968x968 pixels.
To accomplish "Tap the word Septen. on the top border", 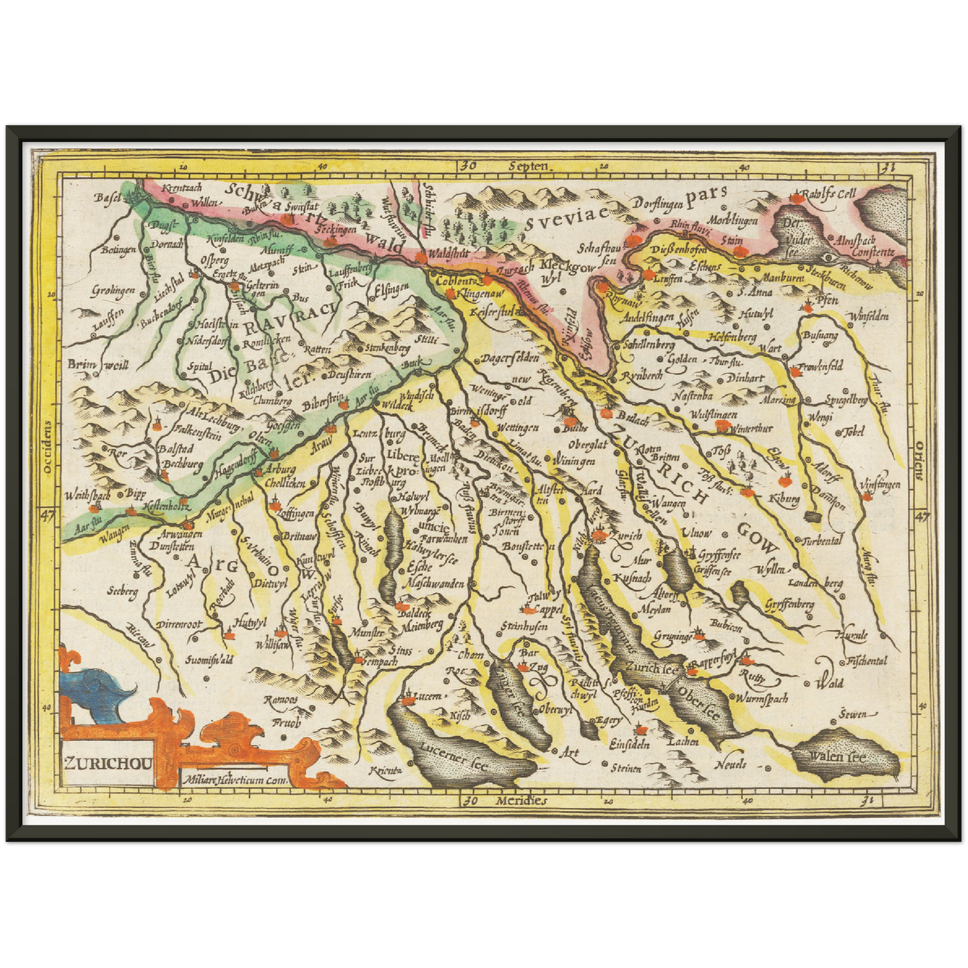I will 529,166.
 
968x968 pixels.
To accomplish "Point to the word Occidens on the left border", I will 47,447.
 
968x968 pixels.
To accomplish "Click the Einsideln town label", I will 630,744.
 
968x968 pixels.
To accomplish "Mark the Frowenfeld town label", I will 820,366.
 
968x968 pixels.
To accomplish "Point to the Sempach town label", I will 380,661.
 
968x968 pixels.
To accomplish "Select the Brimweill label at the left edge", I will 97,365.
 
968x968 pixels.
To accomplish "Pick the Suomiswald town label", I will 209,660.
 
